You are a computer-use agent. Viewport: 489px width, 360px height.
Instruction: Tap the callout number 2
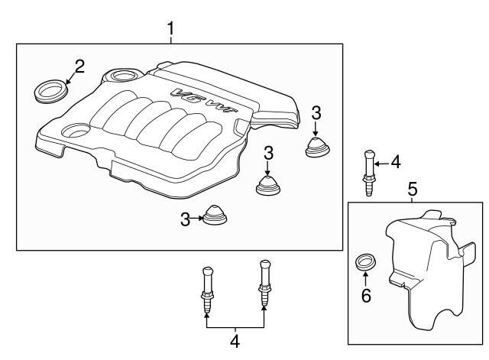click(79, 65)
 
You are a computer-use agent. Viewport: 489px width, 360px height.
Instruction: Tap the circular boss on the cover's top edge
click(122, 76)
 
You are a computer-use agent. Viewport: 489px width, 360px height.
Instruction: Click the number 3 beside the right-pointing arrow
click(186, 220)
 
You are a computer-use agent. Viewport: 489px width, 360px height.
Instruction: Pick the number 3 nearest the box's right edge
click(316, 113)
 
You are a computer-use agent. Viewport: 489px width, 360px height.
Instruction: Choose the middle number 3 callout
click(268, 153)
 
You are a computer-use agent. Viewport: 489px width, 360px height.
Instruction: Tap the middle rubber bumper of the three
click(268, 185)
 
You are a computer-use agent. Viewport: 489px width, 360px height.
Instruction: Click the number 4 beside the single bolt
click(395, 161)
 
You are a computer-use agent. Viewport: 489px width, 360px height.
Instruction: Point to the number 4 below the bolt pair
click(235, 340)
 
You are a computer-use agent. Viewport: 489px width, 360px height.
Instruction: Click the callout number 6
click(366, 296)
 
